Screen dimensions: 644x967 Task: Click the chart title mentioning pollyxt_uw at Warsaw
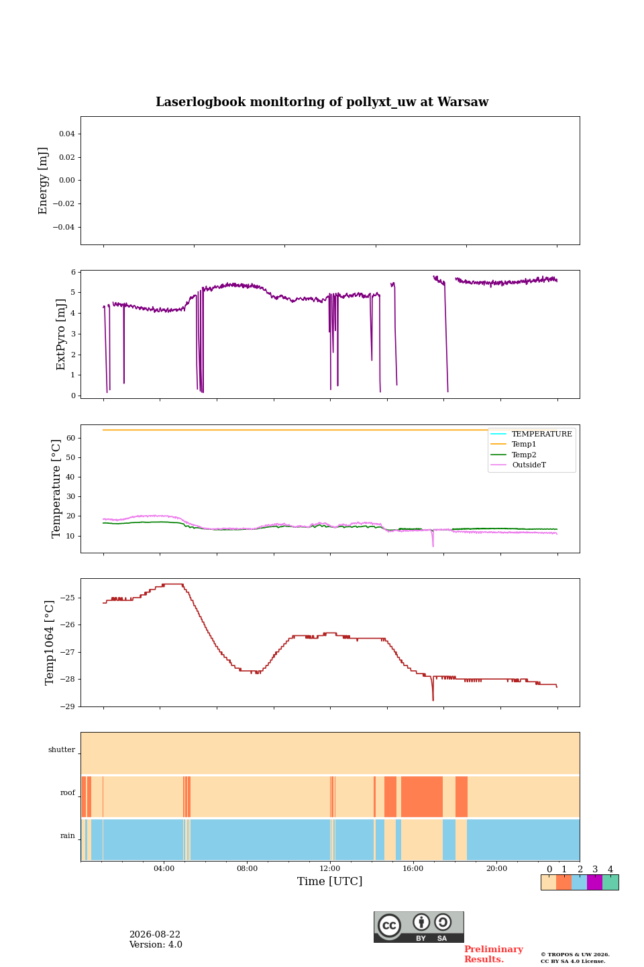coord(322,102)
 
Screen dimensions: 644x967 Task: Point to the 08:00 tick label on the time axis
coord(247,868)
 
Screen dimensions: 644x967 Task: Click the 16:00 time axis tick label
coord(413,868)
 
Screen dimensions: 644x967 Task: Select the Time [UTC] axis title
coord(329,881)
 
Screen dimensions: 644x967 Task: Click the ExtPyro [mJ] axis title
coord(61,334)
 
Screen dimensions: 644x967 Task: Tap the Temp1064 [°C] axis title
coord(49,643)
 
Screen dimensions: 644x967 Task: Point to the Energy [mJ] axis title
coord(43,181)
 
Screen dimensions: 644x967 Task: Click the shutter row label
coord(62,749)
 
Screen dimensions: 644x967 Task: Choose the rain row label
coord(67,835)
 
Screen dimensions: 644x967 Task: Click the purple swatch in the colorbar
coord(594,882)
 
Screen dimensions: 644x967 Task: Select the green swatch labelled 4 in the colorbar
coord(610,882)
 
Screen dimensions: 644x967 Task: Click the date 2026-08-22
coord(155,934)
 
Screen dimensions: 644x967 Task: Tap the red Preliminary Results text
coord(494,954)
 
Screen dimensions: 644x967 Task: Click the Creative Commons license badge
coord(419,927)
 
